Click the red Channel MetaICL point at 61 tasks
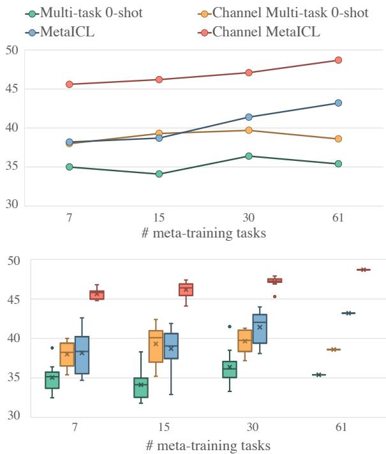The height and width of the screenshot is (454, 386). pos(338,60)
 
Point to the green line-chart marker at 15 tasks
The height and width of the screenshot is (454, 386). pos(159,174)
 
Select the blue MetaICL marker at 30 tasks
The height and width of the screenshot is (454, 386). pos(249,117)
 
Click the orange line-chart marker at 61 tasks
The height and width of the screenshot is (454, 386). pos(338,139)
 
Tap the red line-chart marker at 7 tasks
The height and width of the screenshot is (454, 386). pos(69,84)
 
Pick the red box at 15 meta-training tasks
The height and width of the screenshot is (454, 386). pos(186,290)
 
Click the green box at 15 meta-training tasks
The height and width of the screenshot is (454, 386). pos(142,388)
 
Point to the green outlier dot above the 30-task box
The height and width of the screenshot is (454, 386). pos(230,326)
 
